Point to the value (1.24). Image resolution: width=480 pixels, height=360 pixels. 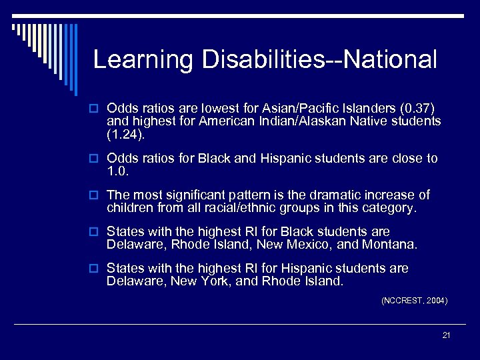click(125, 134)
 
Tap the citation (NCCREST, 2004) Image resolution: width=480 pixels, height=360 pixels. click(414, 301)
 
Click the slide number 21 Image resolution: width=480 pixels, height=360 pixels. click(446, 335)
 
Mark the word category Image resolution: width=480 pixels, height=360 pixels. click(391, 208)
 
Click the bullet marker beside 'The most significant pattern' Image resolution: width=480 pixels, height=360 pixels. click(96, 196)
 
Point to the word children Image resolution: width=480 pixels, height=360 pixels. click(129, 208)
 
